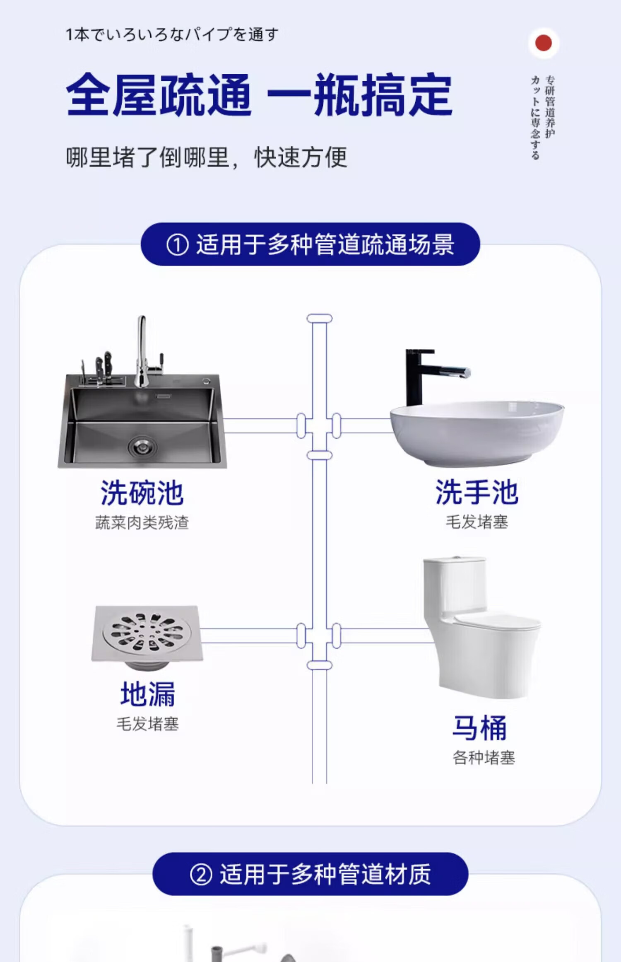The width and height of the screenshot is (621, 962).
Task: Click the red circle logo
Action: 543,43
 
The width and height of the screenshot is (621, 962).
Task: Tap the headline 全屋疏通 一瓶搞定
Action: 259,95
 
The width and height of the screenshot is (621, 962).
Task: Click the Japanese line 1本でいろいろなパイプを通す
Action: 172,34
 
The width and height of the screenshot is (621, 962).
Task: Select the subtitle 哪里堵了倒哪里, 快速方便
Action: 206,158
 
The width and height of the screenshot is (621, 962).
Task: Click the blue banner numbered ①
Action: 310,244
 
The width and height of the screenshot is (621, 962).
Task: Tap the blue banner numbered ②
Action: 310,874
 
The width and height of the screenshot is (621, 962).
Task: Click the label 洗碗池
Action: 142,493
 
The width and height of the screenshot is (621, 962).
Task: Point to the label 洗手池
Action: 477,492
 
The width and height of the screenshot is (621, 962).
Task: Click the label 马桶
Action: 479,728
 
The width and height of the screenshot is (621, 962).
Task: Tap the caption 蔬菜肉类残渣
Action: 142,523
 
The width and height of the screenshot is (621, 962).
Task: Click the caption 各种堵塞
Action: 484,758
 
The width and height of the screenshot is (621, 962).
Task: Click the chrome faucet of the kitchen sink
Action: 142,352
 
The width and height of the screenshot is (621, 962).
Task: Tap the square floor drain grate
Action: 147,633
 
